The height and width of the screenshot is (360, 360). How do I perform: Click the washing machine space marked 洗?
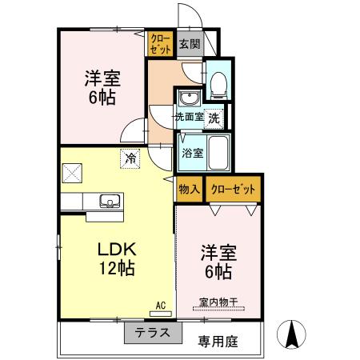(x=214, y=117)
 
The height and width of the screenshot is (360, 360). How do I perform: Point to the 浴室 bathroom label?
(x=190, y=152)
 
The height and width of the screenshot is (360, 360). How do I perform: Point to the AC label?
(x=160, y=305)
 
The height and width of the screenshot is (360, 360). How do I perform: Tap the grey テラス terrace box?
(x=147, y=333)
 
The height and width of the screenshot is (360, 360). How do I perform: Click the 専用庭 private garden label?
(x=219, y=339)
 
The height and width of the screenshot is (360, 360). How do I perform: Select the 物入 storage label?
(x=189, y=190)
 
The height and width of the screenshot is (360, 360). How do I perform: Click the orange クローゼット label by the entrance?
(x=160, y=43)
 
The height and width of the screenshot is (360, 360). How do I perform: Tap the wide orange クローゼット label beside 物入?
(x=234, y=190)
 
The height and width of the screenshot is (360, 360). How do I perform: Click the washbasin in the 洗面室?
(x=189, y=99)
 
